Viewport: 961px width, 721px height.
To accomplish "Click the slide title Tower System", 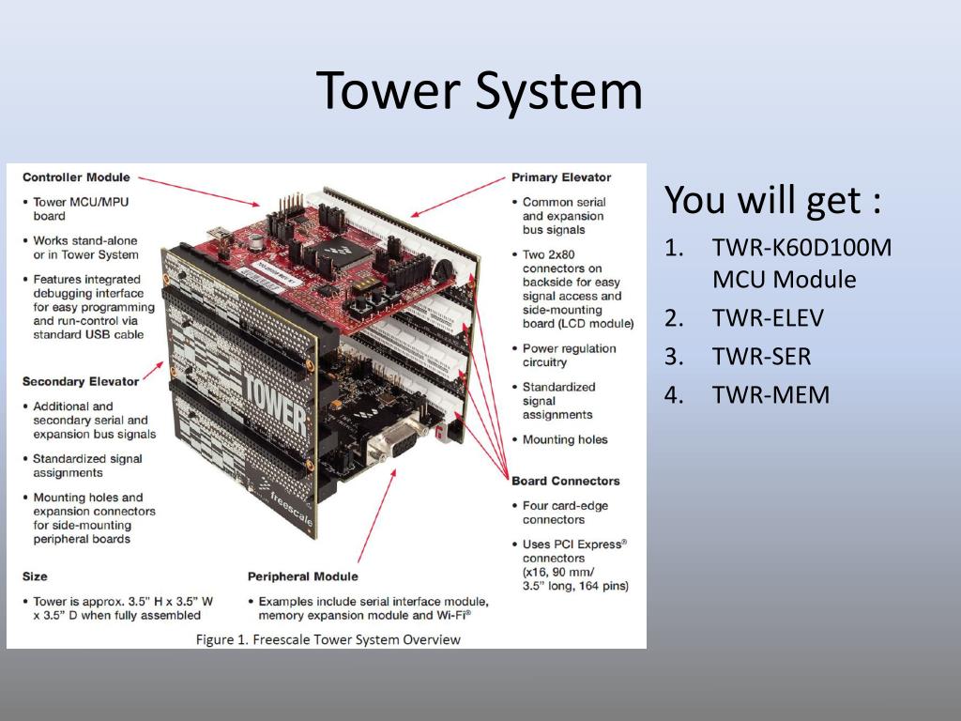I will coord(480,91).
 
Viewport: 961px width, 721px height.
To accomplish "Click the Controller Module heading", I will coord(76,176).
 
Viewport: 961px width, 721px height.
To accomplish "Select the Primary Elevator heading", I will coord(561,176).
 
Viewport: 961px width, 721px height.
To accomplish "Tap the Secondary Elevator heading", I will coord(81,381).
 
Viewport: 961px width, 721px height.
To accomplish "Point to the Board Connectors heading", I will coord(566,481).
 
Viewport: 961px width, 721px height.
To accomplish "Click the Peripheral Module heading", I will coord(302,575).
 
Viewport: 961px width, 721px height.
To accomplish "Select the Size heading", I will coord(35,575).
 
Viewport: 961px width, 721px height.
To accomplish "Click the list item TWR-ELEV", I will coord(767,318).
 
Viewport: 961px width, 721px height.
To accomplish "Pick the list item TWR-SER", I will coord(761,357).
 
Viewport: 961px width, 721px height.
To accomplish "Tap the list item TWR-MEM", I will coord(770,394).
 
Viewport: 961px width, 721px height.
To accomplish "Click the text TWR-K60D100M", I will coord(801,249).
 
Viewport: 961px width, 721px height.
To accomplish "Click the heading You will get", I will coord(772,200).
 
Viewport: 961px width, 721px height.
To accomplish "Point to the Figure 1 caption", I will coord(328,639).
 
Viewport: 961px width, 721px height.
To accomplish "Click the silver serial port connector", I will coord(393,441).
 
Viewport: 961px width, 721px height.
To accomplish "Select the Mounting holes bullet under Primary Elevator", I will coord(565,439).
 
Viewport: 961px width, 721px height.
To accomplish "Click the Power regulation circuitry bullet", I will coord(569,355).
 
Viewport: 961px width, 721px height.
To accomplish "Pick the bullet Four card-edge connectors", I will coord(565,513).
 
